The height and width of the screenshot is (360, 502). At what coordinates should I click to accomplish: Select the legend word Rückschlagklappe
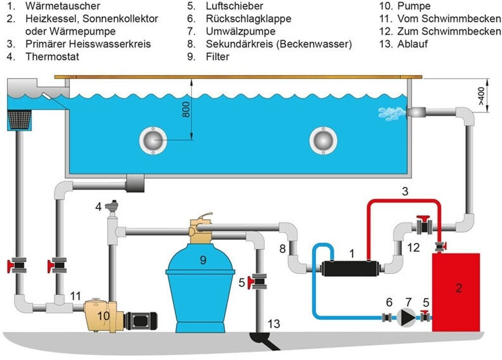pyautogui.click(x=249, y=19)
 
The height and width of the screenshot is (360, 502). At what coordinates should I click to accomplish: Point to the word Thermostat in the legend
pyautogui.click(x=52, y=56)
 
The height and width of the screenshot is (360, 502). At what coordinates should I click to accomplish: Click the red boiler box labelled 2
pyautogui.click(x=456, y=292)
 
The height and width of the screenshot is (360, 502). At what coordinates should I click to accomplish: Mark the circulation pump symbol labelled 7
pyautogui.click(x=407, y=316)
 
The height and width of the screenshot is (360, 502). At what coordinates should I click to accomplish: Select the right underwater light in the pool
pyautogui.click(x=323, y=140)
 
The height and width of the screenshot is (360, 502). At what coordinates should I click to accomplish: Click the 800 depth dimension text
pyautogui.click(x=186, y=111)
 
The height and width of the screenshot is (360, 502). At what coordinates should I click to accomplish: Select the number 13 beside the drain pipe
pyautogui.click(x=274, y=324)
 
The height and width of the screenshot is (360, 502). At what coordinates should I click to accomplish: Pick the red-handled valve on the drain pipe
pyautogui.click(x=258, y=282)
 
